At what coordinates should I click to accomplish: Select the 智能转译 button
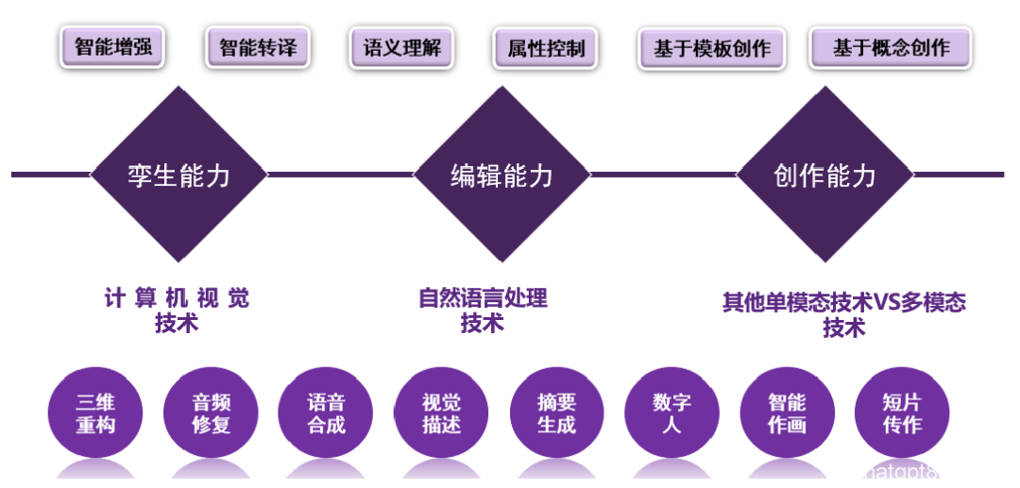point(258,47)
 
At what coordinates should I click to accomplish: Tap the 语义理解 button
point(402,47)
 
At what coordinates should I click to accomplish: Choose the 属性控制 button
point(546,47)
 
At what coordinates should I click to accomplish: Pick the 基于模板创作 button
point(712,48)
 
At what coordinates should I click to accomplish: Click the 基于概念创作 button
point(891,47)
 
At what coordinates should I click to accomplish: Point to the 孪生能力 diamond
point(178,175)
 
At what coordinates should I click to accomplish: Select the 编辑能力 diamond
point(501,175)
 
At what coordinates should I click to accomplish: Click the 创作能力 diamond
point(824,175)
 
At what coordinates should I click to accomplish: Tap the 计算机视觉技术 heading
point(178,311)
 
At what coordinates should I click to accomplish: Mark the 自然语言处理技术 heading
point(483,311)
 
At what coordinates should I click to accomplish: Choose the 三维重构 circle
point(95,413)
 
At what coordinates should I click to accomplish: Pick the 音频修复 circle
point(211,413)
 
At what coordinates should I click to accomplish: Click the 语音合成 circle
point(326,413)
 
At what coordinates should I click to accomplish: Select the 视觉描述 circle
point(441,413)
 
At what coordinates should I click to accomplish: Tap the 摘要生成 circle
point(556,413)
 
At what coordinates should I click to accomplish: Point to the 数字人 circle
point(671,413)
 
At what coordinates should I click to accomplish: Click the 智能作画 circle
point(787,413)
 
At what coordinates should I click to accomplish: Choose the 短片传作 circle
point(902,413)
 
